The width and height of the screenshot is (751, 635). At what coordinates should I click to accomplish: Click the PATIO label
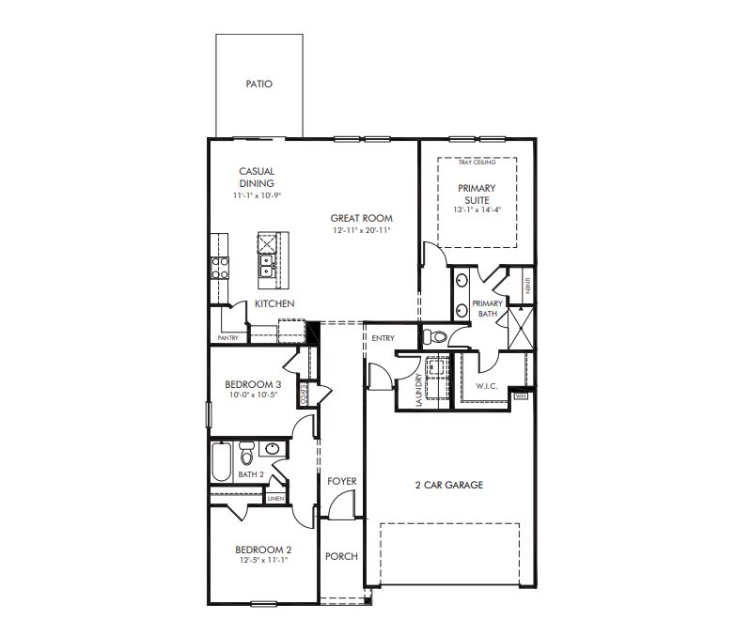tap(259, 85)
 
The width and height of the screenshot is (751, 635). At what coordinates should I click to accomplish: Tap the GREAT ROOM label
tap(361, 218)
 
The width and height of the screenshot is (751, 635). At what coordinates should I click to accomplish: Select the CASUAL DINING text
tap(257, 178)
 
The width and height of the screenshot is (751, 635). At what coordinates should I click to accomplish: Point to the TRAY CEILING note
tap(477, 163)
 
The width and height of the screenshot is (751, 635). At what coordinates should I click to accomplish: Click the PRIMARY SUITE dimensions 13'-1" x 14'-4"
tap(477, 209)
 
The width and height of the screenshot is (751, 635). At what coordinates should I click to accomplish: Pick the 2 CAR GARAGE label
tap(449, 486)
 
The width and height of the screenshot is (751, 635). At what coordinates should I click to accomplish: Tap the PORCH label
tap(341, 556)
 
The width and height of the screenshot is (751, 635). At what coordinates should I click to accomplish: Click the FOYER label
tap(342, 481)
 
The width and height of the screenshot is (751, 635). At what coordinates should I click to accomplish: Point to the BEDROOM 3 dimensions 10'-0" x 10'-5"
tap(253, 395)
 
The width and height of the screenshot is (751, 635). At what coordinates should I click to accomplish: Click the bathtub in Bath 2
tap(222, 460)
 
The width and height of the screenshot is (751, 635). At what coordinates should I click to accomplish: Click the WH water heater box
tap(522, 396)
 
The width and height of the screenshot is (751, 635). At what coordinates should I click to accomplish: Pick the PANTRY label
tap(228, 338)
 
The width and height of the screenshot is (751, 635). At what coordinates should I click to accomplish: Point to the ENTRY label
tap(383, 338)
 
